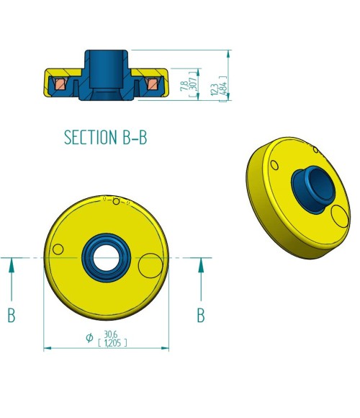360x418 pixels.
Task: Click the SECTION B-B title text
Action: [105, 137]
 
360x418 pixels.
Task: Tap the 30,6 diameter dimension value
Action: [110, 334]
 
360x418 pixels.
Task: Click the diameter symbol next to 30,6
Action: [89, 337]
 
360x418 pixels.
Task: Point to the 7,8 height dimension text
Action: [184, 86]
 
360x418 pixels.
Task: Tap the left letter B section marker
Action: [12, 315]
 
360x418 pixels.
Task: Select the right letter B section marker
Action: [201, 315]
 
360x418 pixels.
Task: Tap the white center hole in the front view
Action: [106, 257]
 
